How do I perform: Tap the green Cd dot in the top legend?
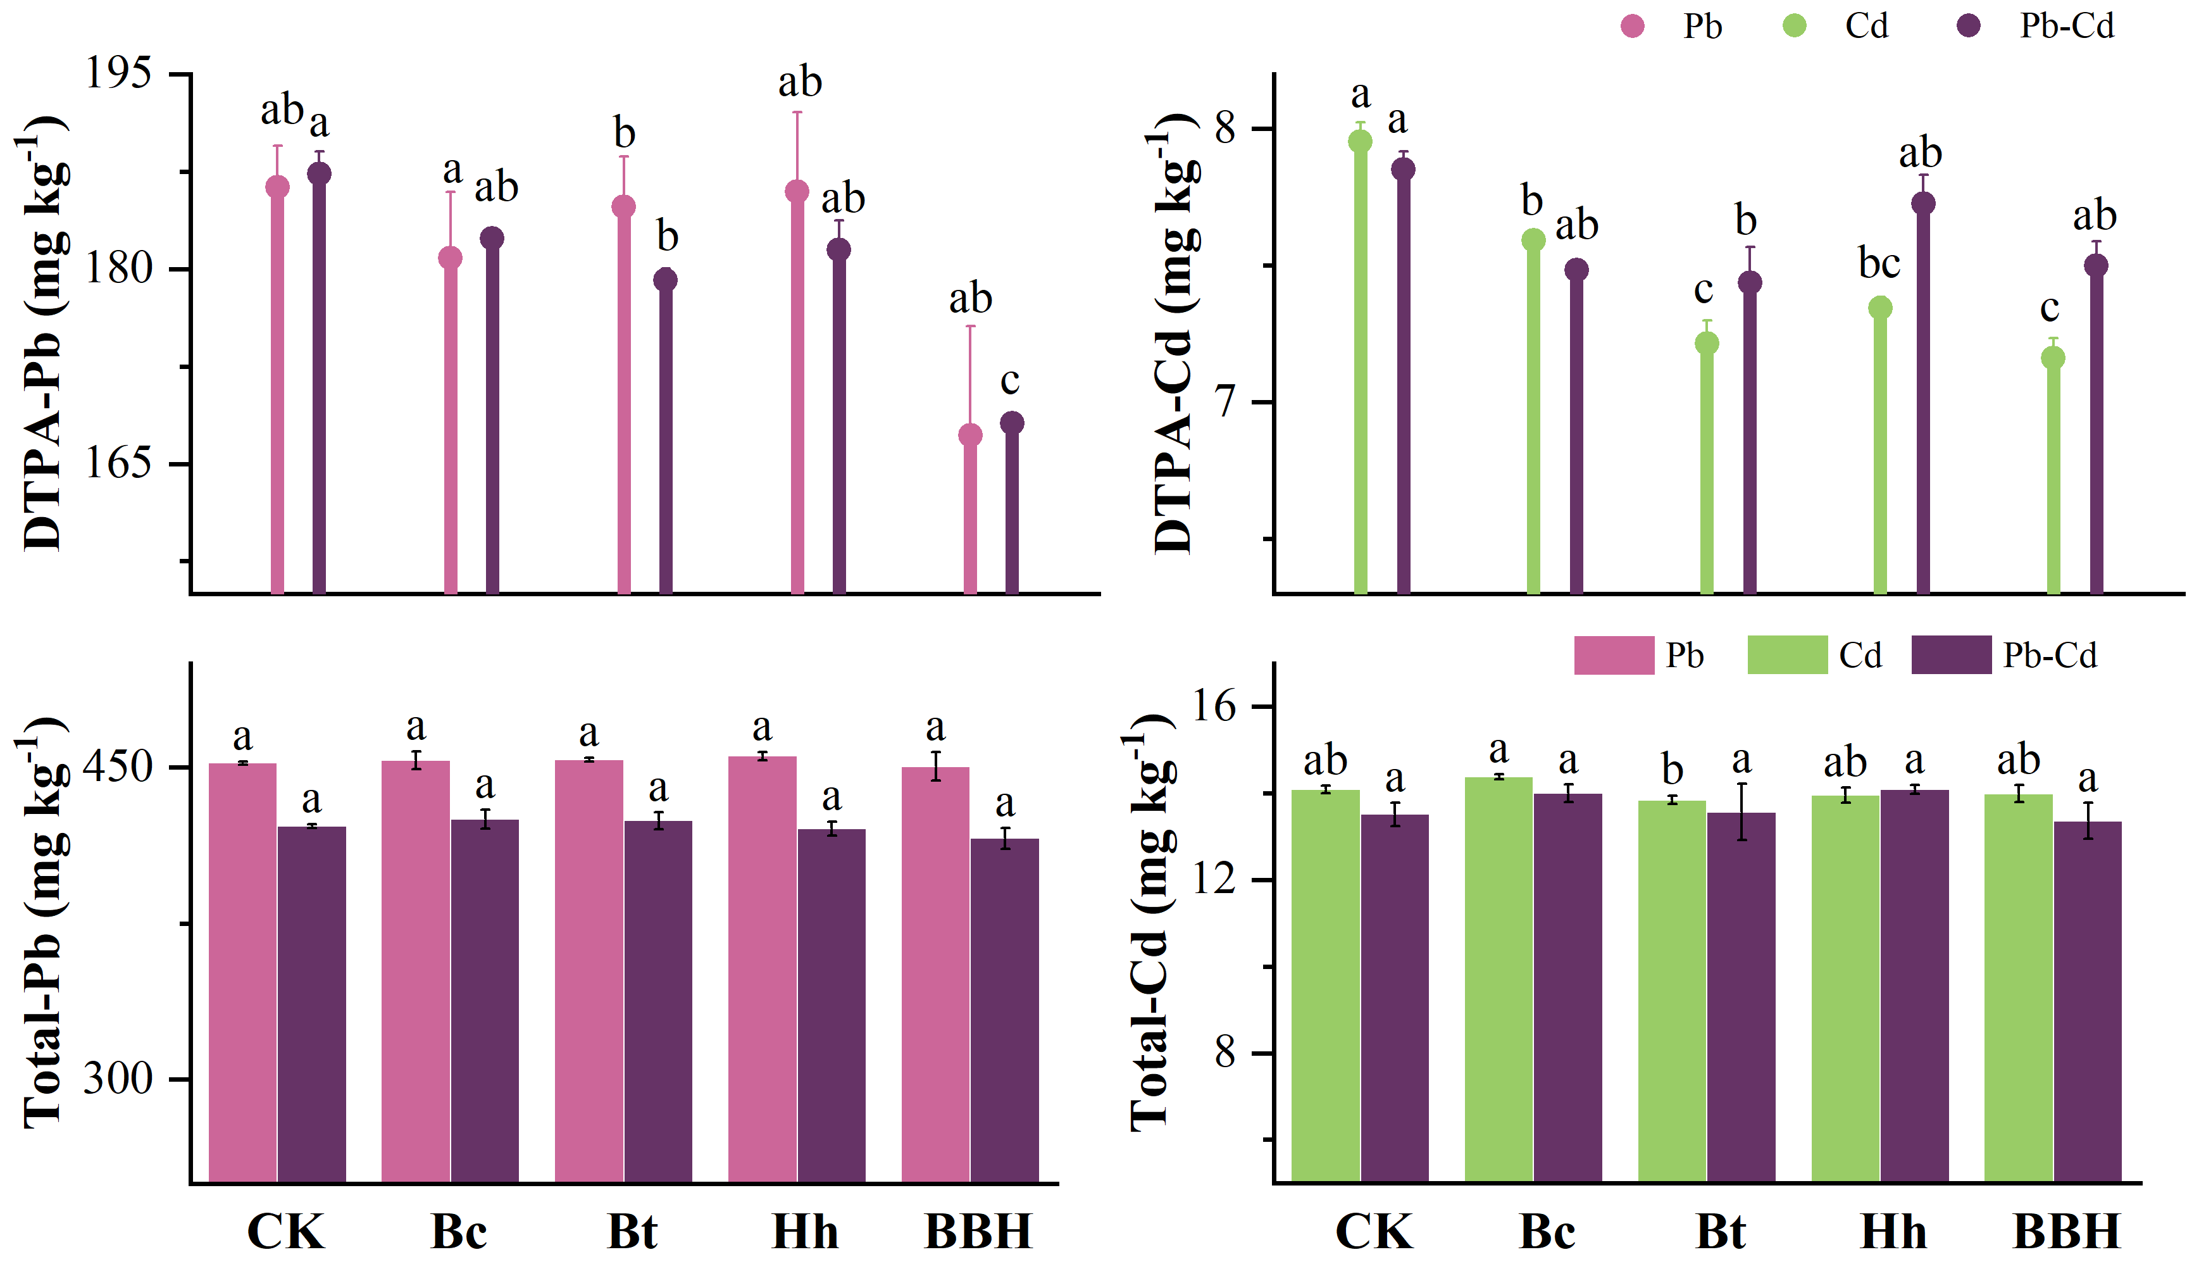1794,26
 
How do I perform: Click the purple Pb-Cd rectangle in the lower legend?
1951,654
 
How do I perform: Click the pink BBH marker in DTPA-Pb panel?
970,435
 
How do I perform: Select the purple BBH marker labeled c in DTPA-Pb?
1012,423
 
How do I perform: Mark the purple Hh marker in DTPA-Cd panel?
1923,203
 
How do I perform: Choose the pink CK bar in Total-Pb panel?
243,972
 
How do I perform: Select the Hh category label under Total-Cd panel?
1893,1231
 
